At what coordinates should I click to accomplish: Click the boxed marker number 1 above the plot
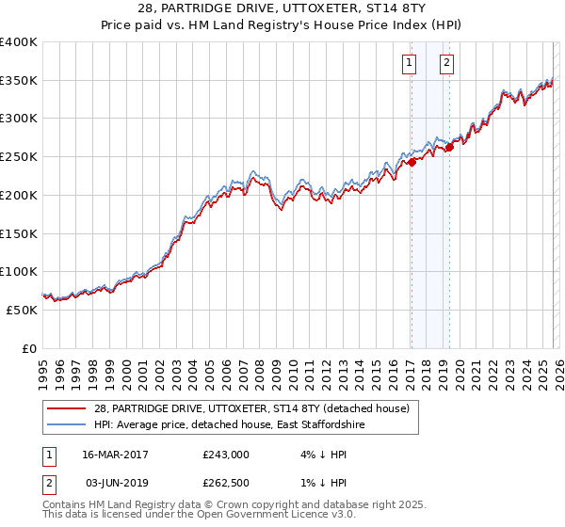coord(411,64)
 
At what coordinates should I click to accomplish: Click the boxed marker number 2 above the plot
coord(446,64)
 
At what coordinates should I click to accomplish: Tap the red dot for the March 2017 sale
coord(412,162)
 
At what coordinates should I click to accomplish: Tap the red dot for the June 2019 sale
coord(449,147)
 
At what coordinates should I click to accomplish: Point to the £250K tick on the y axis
coord(19,157)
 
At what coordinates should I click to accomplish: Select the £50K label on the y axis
coord(22,310)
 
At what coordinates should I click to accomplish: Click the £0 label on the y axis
coord(29,348)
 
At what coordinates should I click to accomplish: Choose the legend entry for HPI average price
coord(230,425)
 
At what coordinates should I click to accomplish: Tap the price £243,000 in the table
coord(226,455)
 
